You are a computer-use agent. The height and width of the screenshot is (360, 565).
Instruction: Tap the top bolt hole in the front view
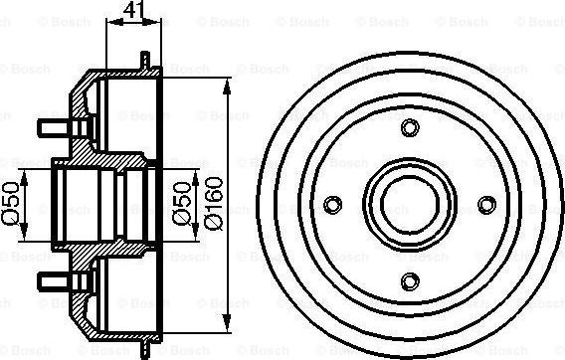tap(410, 128)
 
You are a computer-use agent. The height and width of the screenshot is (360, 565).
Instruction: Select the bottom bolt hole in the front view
tap(410, 279)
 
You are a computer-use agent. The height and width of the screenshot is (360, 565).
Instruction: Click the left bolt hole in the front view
tap(334, 204)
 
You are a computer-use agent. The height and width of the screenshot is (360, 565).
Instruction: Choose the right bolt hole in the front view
tap(485, 204)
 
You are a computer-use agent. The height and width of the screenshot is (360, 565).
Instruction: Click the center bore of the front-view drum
tap(410, 204)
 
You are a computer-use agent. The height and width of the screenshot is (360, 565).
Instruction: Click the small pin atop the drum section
tap(144, 61)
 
